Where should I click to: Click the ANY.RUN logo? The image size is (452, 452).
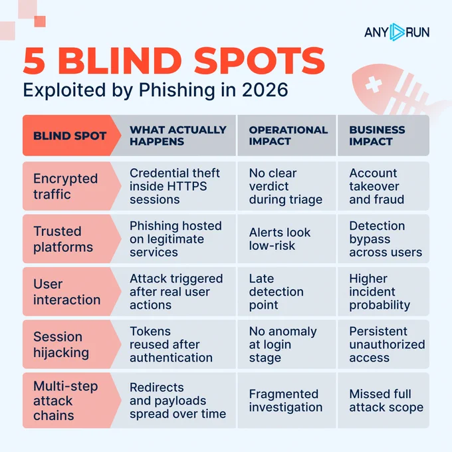point(397,32)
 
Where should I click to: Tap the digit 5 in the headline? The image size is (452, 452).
point(35,61)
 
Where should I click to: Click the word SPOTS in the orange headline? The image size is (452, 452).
point(259,61)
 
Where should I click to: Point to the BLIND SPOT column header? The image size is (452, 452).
point(70,136)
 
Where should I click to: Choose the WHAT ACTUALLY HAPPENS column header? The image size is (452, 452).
point(178,136)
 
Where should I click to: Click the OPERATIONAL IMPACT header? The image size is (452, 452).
point(288,136)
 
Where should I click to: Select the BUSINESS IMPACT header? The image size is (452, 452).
point(377,136)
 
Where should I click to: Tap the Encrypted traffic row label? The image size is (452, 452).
point(65,186)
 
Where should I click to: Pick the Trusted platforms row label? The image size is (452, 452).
point(63,239)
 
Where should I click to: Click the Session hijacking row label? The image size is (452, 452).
point(61,344)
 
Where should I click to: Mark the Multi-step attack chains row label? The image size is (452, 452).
point(66,401)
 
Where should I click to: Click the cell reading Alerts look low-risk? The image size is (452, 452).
point(280,239)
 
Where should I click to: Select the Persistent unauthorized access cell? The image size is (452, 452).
point(387,344)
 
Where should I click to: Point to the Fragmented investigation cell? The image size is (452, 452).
point(286,401)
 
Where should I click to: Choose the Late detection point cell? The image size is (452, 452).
point(276,292)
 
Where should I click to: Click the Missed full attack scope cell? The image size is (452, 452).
point(386,401)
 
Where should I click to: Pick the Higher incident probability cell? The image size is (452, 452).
point(380,292)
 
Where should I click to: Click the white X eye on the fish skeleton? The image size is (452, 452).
point(374,84)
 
